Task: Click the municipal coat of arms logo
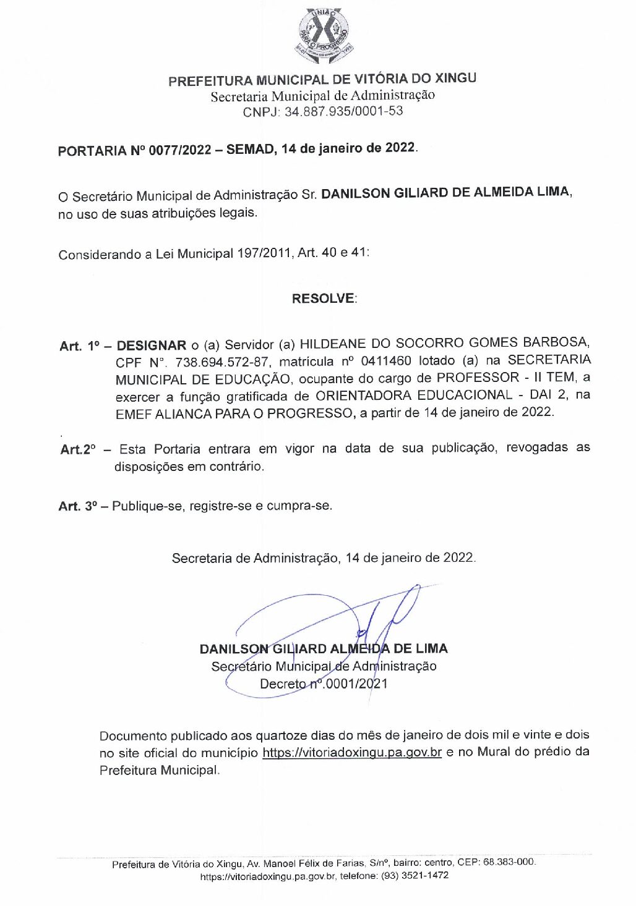coord(324,36)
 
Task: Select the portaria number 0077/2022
coord(179,150)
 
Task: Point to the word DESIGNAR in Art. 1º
coord(151,345)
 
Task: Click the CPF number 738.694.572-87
coord(222,362)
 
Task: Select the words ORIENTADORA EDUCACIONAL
coord(414,395)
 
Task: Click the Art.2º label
coord(78,449)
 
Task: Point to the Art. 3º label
coord(78,506)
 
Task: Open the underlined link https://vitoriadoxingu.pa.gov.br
coord(351,753)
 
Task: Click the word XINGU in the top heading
coord(455,78)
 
